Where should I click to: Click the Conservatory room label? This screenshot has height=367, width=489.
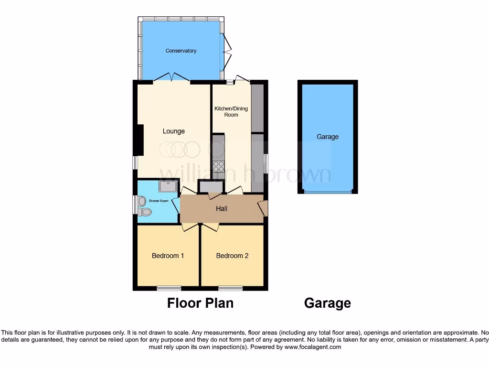[181, 51]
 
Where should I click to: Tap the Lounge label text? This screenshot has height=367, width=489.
[173, 131]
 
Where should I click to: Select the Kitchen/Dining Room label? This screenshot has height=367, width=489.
[231, 111]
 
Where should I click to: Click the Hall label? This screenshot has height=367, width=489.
[222, 208]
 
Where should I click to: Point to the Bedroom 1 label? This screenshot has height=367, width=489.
[168, 256]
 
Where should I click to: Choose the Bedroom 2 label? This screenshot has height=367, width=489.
[232, 256]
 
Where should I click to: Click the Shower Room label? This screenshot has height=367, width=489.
[159, 201]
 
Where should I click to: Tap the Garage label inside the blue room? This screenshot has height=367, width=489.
[328, 137]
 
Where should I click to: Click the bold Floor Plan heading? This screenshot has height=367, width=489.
[200, 303]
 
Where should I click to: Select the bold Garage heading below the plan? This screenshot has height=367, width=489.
[328, 303]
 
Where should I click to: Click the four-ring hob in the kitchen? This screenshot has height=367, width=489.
[219, 166]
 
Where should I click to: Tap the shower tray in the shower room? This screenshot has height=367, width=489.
[168, 186]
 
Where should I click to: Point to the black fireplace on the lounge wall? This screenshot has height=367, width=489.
[139, 140]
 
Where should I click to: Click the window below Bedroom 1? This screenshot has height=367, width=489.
[169, 288]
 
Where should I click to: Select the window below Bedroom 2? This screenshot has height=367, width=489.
[231, 288]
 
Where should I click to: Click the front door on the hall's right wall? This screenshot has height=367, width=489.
[263, 208]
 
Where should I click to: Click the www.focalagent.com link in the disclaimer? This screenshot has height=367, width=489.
[313, 347]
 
